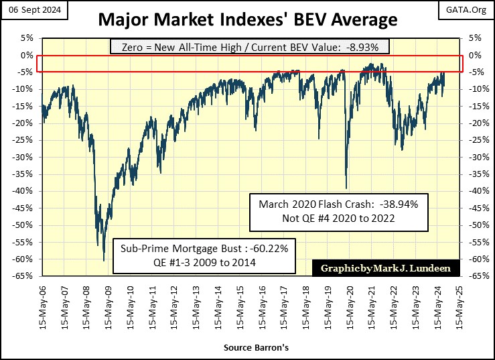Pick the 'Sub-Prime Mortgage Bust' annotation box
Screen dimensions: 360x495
point(205,255)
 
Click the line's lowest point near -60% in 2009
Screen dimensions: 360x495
point(104,260)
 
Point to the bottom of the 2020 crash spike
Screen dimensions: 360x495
point(346,188)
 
